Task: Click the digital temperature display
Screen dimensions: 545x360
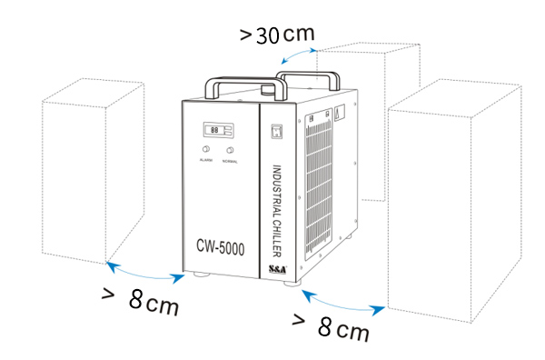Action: pyautogui.click(x=215, y=130)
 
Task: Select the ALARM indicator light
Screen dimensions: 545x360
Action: pyautogui.click(x=205, y=149)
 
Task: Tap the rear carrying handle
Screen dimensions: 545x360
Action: pyautogui.click(x=309, y=62)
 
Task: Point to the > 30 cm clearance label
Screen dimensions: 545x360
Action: pyautogui.click(x=277, y=35)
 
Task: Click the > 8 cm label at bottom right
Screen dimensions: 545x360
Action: pyautogui.click(x=331, y=325)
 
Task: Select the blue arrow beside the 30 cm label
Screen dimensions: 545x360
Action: pyautogui.click(x=295, y=55)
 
